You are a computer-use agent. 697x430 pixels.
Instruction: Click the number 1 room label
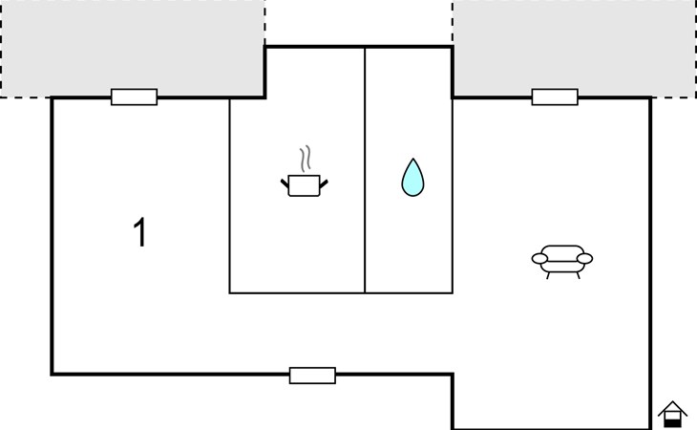140,232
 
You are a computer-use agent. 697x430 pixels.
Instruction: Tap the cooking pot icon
305,185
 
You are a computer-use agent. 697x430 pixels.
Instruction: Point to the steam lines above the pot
305,160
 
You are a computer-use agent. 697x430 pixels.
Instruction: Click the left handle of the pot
285,183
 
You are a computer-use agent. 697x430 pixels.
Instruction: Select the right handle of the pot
324,183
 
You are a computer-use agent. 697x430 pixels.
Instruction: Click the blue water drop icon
413,178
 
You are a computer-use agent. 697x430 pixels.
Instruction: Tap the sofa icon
562,262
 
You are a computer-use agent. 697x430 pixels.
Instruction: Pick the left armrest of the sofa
539,258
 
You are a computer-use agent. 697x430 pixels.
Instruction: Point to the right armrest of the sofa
585,258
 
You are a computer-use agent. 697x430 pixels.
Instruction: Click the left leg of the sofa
548,276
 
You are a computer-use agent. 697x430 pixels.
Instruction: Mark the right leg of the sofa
578,276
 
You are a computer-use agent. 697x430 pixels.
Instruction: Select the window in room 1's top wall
135,97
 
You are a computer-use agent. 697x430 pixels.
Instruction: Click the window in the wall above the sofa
555,97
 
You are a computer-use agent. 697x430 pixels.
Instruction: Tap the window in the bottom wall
312,376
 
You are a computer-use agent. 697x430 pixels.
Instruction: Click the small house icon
672,414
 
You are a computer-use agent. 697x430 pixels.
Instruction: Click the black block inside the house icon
672,422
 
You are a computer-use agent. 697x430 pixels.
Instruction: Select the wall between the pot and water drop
365,170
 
